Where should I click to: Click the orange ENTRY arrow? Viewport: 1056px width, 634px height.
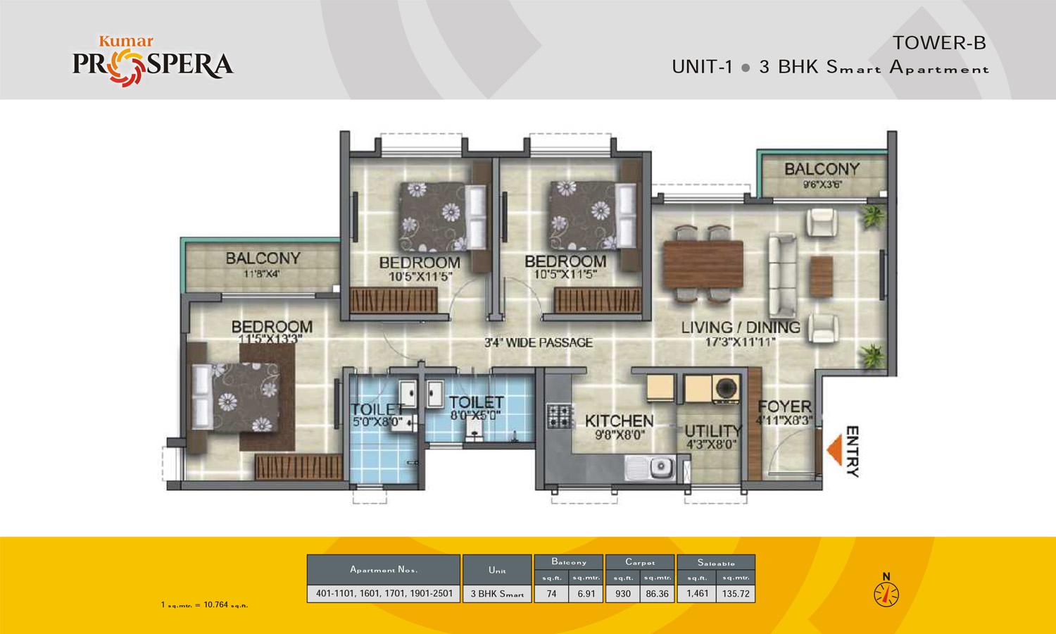[835, 450]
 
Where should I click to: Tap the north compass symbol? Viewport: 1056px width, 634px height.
[886, 594]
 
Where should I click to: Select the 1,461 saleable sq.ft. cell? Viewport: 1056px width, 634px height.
[697, 594]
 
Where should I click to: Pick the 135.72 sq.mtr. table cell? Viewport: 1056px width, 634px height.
[736, 594]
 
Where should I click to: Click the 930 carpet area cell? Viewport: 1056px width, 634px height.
[623, 594]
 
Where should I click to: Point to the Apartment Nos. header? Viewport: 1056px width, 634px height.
[384, 569]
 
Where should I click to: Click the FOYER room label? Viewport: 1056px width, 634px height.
[784, 406]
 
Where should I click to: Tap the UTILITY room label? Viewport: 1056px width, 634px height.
[713, 430]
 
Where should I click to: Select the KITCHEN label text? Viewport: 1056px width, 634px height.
[620, 421]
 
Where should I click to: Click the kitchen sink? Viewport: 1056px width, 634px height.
[652, 467]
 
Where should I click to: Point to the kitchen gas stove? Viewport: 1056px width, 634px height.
[559, 416]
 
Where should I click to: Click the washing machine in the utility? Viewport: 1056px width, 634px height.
[726, 389]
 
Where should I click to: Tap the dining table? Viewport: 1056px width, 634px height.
[703, 264]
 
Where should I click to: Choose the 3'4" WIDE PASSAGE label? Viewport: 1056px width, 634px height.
[539, 343]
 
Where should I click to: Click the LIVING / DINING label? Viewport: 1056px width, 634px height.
[741, 328]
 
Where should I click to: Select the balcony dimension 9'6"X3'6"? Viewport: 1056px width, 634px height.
[822, 185]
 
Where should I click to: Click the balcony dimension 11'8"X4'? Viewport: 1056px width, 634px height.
[262, 273]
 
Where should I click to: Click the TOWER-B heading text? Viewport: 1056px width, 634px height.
[939, 43]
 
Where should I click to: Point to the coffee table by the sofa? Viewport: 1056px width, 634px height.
[821, 276]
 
